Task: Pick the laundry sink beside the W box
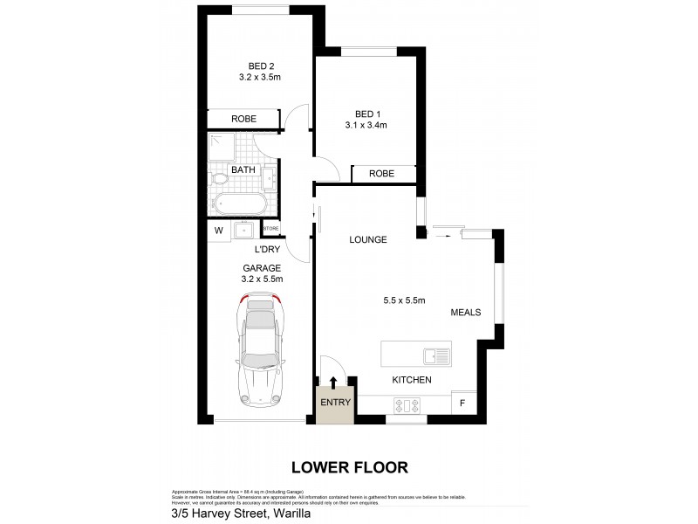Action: point(243,231)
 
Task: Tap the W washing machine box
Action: point(218,231)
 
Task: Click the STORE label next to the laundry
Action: point(270,229)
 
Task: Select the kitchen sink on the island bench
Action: point(435,355)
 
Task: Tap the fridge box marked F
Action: point(463,403)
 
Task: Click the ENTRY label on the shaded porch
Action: point(335,403)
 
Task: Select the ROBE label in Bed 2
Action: point(243,119)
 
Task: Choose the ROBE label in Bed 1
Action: point(381,174)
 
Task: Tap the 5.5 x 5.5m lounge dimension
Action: point(404,301)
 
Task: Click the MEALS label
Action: point(466,312)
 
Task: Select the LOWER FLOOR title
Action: point(349,467)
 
